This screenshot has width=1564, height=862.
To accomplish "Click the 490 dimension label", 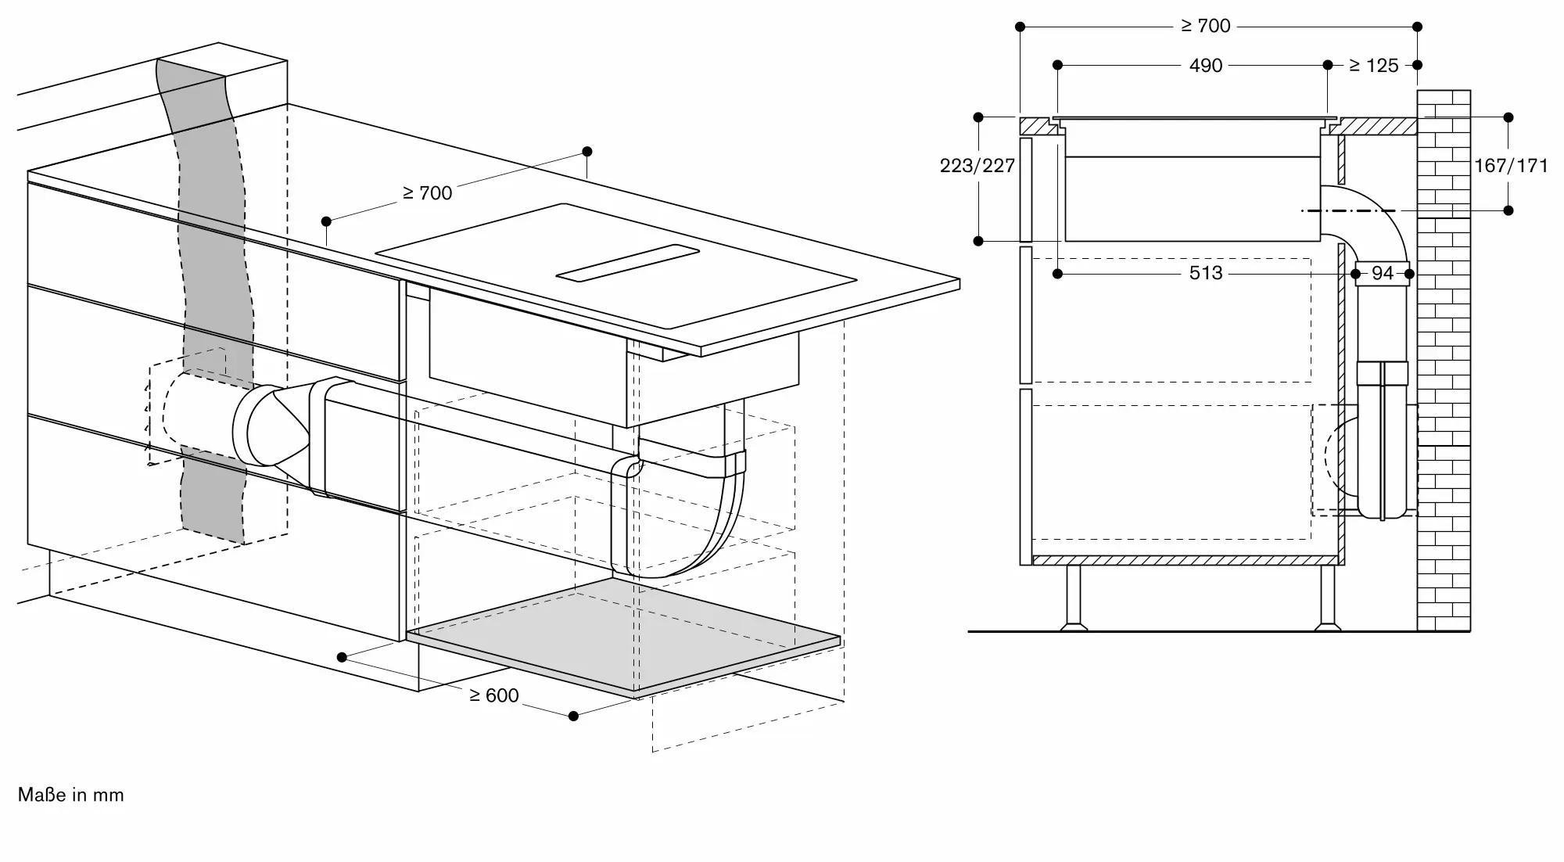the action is (x=1205, y=65).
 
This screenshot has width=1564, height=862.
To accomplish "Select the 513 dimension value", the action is (x=1205, y=273).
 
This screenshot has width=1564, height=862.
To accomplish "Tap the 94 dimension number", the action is (x=1383, y=273).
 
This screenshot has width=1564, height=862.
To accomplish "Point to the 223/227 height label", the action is (x=977, y=166).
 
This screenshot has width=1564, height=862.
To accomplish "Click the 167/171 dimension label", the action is (x=1511, y=166).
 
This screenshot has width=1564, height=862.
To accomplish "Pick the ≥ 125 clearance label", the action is (x=1373, y=66).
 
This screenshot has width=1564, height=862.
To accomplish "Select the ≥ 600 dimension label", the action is (x=493, y=695).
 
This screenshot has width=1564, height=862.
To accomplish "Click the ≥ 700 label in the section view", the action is (x=1206, y=26).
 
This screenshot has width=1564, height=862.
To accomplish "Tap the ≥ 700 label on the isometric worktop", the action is (x=427, y=192).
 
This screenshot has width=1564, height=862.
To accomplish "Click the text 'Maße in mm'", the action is (x=71, y=795).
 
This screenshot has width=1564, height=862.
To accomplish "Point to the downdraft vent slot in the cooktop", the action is (x=627, y=262).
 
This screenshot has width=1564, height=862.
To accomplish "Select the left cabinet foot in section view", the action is (x=1073, y=598).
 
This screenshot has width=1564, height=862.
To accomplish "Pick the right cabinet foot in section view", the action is (x=1327, y=598).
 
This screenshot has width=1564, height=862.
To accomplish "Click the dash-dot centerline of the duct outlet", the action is (x=1348, y=210).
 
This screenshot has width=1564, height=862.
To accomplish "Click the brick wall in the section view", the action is (x=1444, y=360).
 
